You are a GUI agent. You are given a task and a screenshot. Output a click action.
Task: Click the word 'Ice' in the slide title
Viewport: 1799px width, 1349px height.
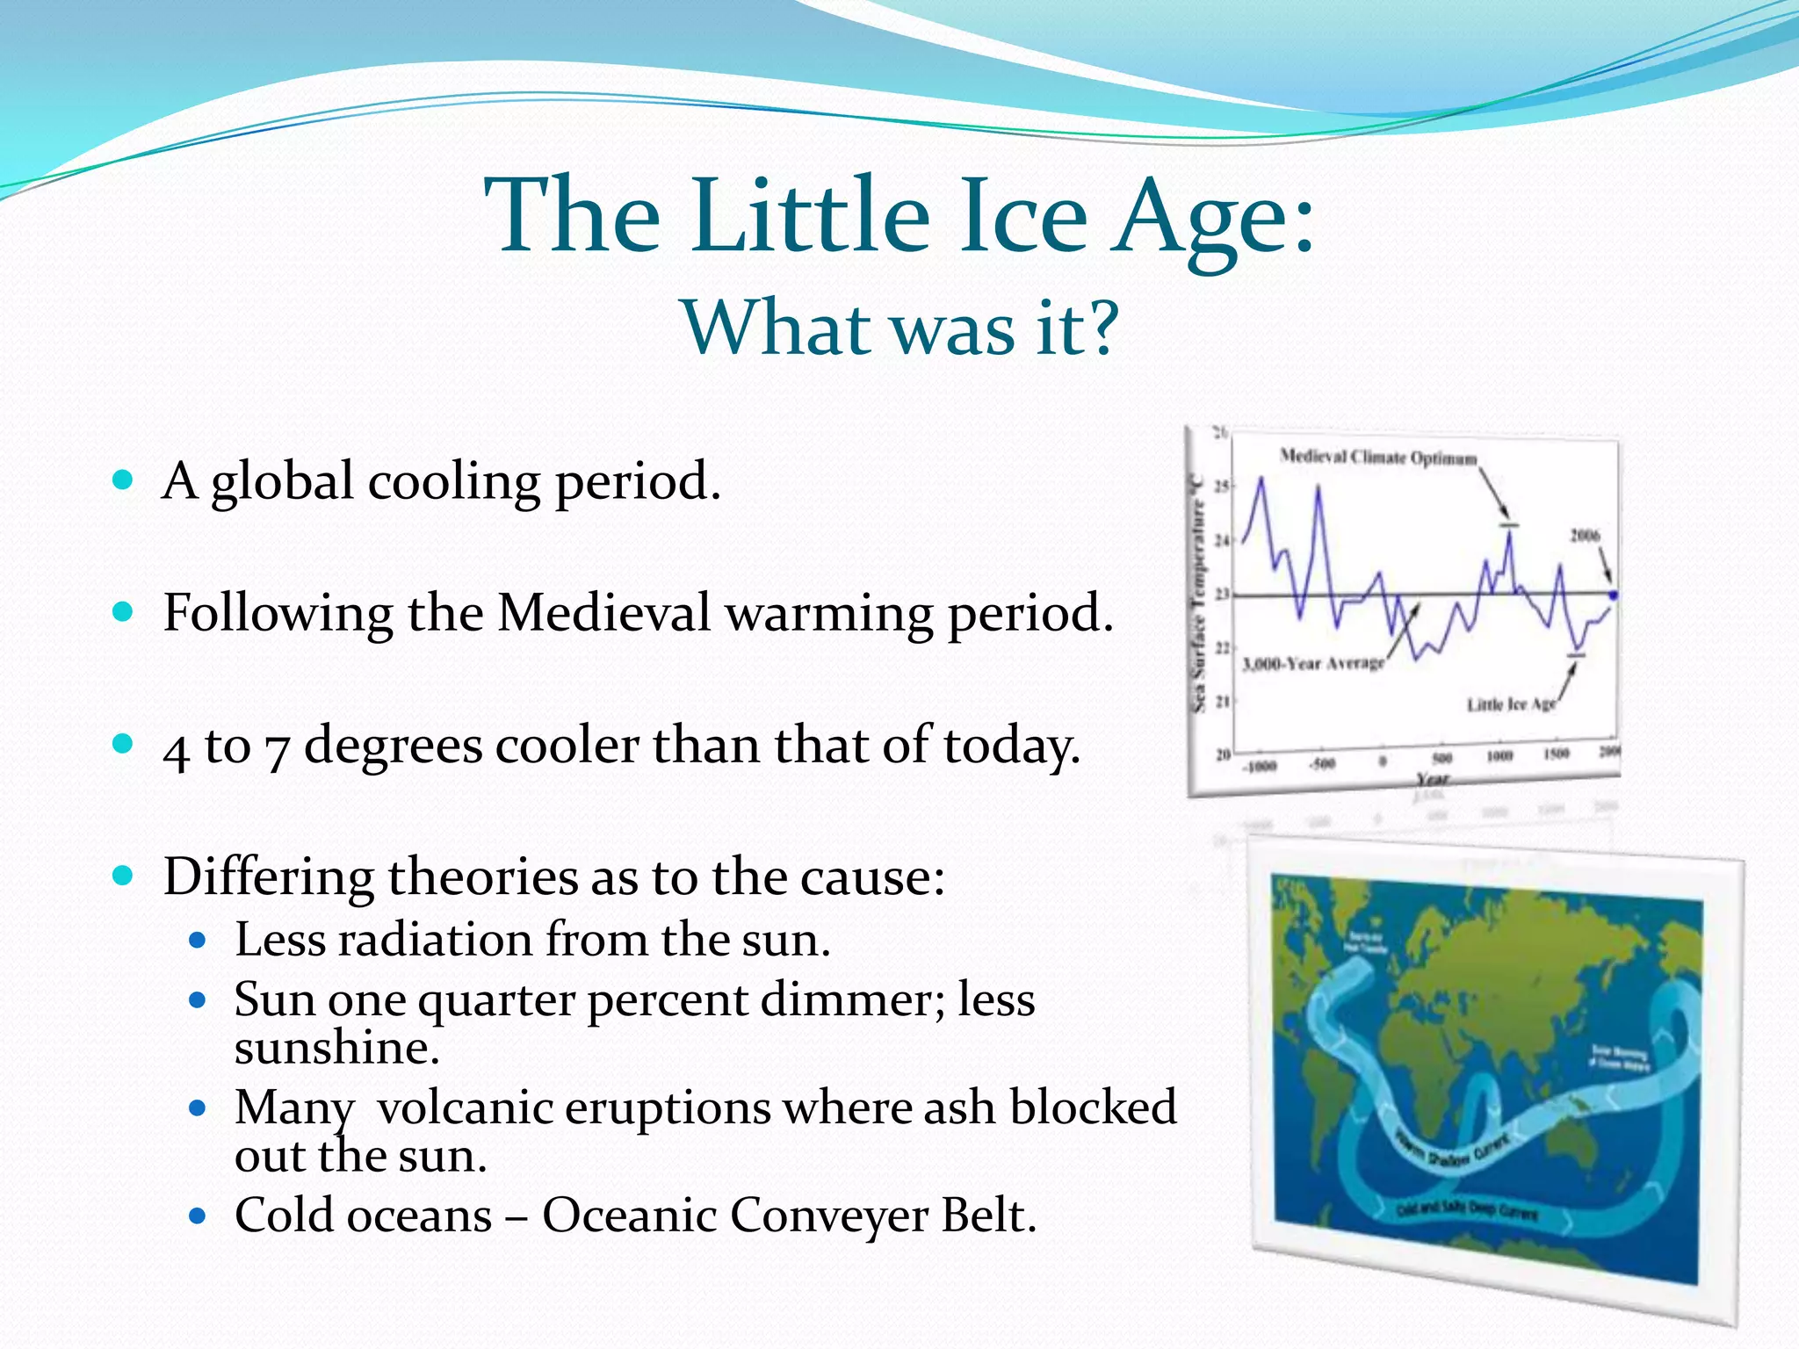click(1021, 216)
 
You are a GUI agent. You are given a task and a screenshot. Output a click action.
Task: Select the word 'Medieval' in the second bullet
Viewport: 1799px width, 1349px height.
click(603, 612)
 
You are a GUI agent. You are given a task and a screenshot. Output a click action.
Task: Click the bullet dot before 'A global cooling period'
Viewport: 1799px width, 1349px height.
click(123, 480)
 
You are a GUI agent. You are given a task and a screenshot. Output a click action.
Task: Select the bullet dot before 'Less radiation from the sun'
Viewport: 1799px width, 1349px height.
click(198, 941)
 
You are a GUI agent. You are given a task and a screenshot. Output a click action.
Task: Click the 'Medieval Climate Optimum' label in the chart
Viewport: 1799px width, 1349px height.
click(1377, 458)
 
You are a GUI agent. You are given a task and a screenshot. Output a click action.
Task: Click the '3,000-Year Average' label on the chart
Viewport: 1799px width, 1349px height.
click(1312, 663)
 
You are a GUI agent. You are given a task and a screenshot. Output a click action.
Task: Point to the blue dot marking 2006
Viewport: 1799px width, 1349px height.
click(1612, 595)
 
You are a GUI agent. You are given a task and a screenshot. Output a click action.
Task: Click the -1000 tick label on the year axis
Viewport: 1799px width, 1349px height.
click(1259, 766)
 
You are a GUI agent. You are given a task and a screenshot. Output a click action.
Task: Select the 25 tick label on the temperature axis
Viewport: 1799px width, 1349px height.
click(1221, 487)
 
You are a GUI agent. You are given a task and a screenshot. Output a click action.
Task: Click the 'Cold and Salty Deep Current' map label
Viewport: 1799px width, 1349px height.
click(1467, 1211)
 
